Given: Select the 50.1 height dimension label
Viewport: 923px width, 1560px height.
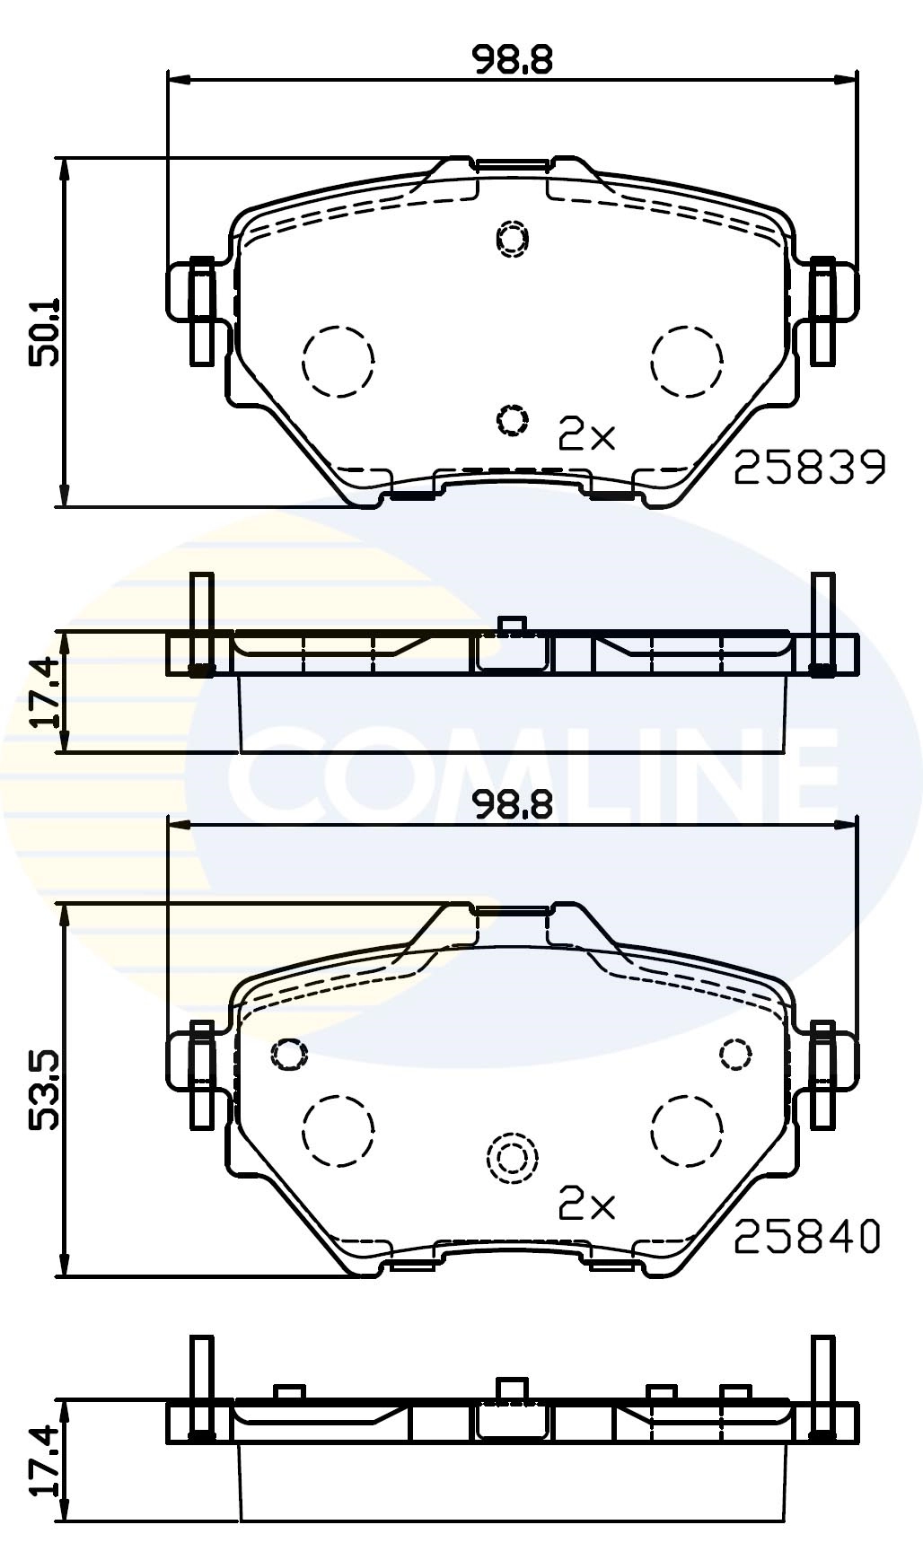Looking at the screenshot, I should coord(44,331).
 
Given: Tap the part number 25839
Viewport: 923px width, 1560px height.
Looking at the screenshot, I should coord(810,468).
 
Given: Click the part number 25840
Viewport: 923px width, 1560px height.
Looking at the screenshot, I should coord(807,1238).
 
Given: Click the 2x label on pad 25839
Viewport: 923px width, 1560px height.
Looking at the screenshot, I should coord(587,435).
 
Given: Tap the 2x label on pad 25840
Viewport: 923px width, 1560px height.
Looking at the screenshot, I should coord(587,1205).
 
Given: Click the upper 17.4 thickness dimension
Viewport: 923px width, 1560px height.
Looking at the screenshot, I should coord(44,691).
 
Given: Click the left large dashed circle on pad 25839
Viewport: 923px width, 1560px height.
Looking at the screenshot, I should coord(338,361).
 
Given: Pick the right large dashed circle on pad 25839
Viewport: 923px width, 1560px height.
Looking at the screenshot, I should coord(687,361).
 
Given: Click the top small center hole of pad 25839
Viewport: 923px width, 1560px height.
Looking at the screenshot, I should coord(513,238).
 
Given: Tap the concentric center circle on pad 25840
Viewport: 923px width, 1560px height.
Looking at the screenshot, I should coord(511,1159).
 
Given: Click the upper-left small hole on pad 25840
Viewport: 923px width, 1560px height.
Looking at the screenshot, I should coord(288,1053).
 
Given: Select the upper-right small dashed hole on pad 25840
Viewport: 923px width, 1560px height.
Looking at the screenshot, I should coord(736,1053).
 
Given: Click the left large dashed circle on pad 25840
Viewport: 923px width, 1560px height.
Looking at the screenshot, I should coord(338,1130).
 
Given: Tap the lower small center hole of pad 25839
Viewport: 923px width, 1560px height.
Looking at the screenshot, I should coord(511,418).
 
